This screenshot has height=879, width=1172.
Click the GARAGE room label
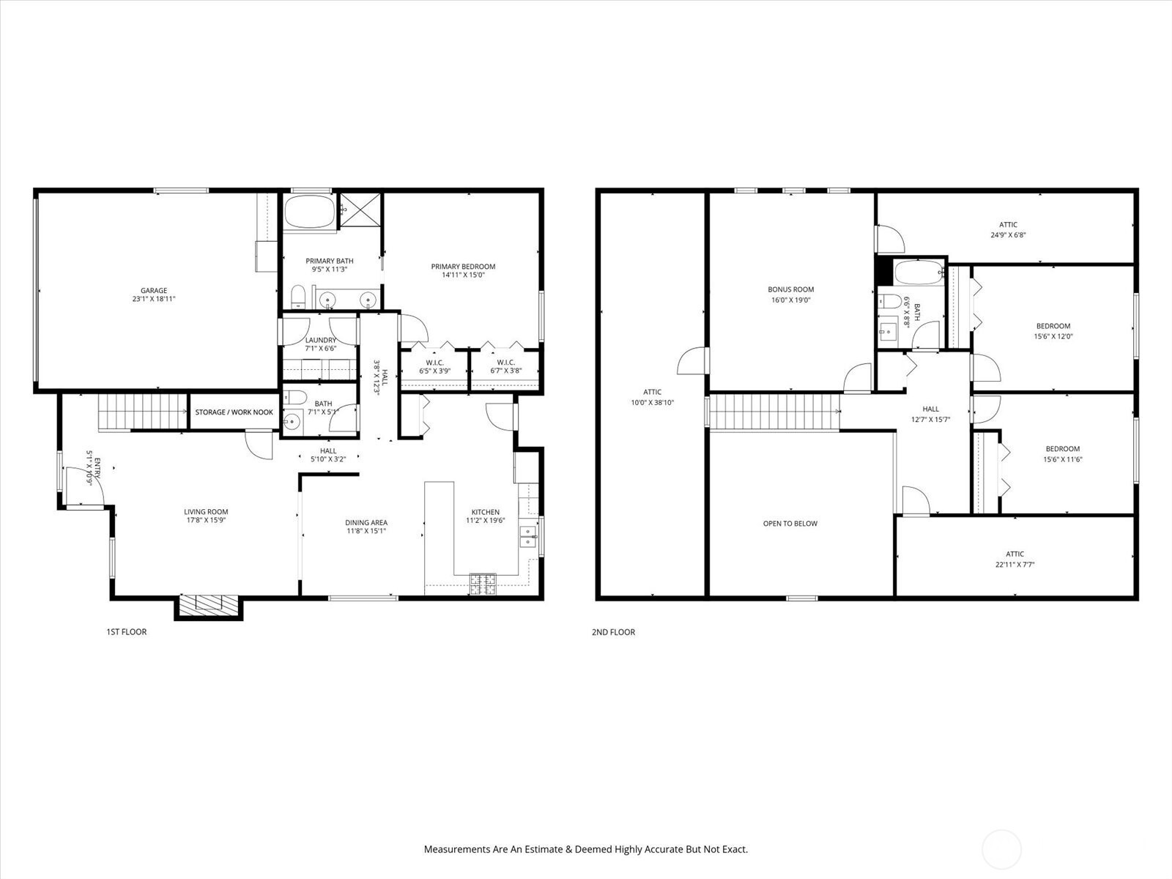[154, 290]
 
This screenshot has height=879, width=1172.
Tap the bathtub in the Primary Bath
[310, 212]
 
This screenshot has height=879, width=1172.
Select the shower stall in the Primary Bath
[360, 210]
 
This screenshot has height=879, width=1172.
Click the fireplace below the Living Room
[208, 604]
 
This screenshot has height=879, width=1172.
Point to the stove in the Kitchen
[483, 584]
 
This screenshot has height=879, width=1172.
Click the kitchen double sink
[528, 536]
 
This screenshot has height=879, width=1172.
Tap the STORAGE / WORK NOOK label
[234, 412]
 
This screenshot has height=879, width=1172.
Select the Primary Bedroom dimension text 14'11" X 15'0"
[463, 275]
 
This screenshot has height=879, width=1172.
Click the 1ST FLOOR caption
[127, 632]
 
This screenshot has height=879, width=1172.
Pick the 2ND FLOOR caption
[614, 632]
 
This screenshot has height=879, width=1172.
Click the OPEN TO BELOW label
[790, 524]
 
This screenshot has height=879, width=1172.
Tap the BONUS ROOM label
[791, 289]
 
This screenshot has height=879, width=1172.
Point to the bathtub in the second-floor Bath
[918, 272]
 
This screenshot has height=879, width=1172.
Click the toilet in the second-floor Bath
[889, 302]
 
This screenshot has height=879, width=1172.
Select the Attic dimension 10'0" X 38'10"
[653, 403]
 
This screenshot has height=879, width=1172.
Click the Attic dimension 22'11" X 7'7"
[1015, 564]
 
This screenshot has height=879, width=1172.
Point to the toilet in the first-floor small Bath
[295, 397]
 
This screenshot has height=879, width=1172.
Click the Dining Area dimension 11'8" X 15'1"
[366, 531]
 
